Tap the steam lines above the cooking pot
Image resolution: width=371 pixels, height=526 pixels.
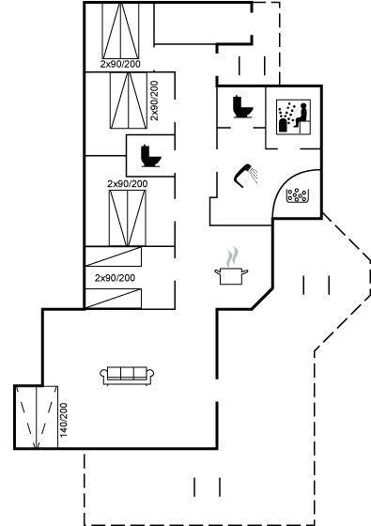click(231, 255)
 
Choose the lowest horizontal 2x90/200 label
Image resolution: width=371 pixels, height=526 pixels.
click(115, 278)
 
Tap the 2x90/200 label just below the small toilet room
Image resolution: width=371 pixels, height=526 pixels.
click(127, 184)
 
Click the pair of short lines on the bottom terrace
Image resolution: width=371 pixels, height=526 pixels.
click(207, 486)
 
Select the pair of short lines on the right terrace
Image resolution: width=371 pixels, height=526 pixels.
click(316, 283)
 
